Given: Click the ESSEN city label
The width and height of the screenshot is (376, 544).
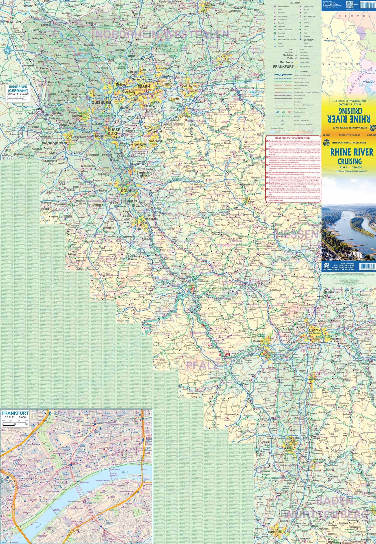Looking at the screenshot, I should pyautogui.click(x=143, y=87).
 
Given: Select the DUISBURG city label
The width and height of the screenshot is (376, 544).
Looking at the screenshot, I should pyautogui.click(x=101, y=102).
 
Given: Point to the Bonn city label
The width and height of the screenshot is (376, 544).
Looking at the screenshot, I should pyautogui.click(x=141, y=229).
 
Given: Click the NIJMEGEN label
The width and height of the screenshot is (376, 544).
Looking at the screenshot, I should pyautogui.click(x=13, y=22).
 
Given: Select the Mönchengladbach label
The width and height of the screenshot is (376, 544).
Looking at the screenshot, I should pyautogui.click(x=54, y=143).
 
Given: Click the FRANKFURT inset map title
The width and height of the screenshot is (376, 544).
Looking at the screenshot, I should pyautogui.click(x=15, y=413).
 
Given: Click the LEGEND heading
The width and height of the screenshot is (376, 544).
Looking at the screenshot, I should pyautogui.click(x=295, y=3).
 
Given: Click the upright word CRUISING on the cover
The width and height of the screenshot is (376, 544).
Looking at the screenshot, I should pyautogui.click(x=349, y=161).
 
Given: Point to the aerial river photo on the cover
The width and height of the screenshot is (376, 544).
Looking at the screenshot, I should pyautogui.click(x=349, y=232).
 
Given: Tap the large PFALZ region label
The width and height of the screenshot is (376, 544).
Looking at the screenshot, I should pyautogui.click(x=201, y=366).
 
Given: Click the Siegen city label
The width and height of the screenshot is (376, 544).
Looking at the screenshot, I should pyautogui.click(x=251, y=201).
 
